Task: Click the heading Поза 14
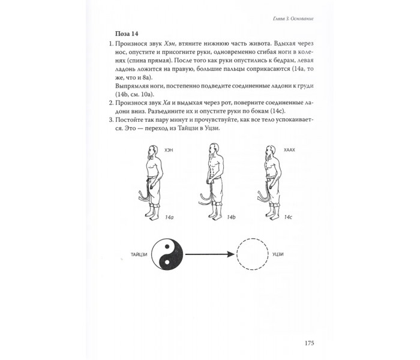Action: pos(127,34)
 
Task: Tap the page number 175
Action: pos(309,343)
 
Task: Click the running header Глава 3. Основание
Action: pos(293,19)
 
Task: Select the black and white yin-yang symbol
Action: pos(167,254)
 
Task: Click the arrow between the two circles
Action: pos(210,254)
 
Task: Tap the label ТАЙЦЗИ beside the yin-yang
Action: pos(139,254)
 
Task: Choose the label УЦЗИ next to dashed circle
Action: pos(278,254)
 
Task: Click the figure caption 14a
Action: pos(169,217)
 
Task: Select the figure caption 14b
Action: pos(231,217)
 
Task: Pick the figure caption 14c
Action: pos(288,217)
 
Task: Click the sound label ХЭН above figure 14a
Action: pos(169,150)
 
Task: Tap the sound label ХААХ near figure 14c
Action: pos(289,150)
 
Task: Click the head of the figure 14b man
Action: pos(214,149)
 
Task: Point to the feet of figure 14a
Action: pos(151,215)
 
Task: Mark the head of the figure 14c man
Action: pos(271,151)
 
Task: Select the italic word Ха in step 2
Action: pos(166,103)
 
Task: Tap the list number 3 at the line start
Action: pos(112,120)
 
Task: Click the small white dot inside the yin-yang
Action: pos(167,262)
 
